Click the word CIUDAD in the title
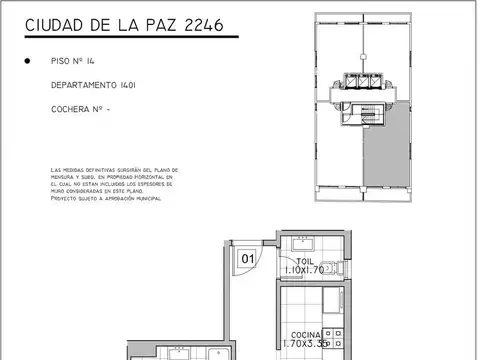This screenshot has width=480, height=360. pos(54,23)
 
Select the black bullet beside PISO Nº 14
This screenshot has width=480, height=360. pos(26,61)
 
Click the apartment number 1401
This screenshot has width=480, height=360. pos(145,85)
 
